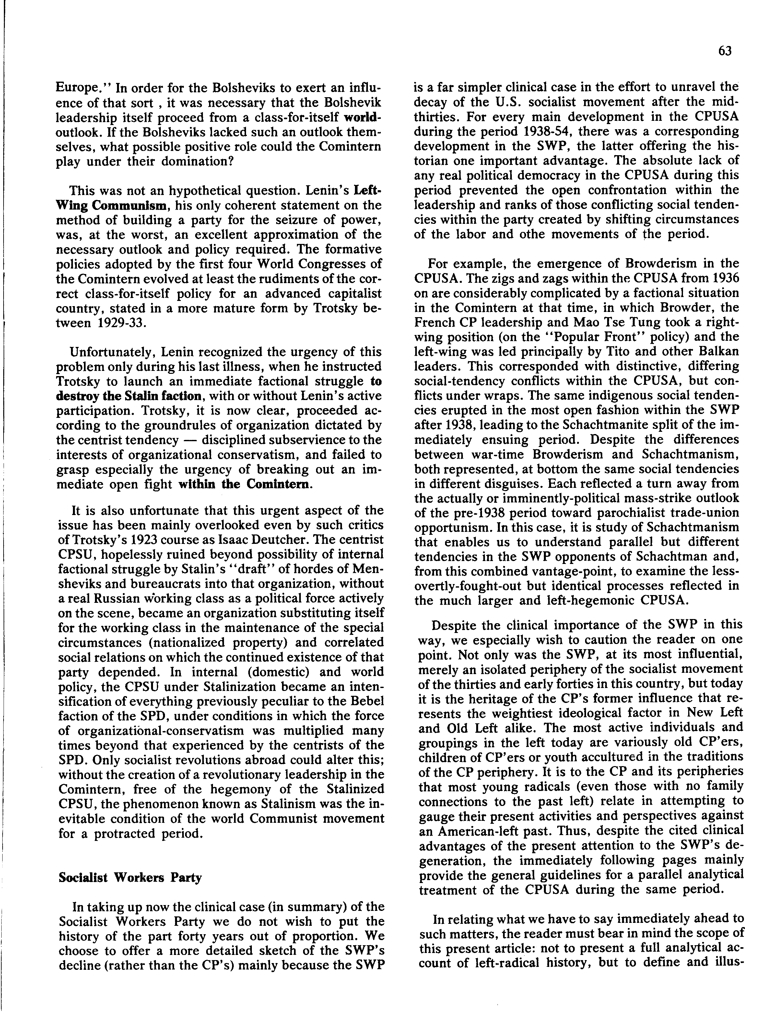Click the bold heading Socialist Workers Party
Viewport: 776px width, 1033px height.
click(130, 878)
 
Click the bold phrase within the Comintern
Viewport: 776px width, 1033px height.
click(243, 484)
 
